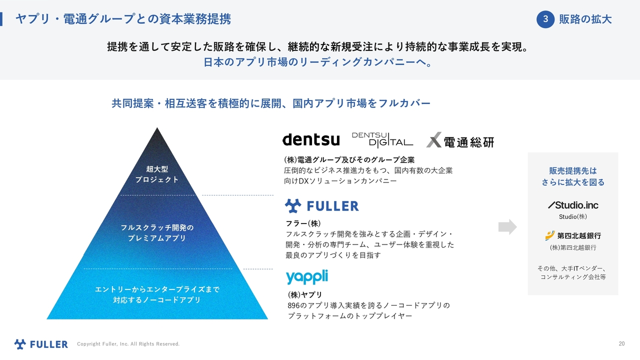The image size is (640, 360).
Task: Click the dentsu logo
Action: [x=311, y=139]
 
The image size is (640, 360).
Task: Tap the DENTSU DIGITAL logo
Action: [x=382, y=140]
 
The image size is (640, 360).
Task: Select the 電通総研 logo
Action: [x=460, y=140]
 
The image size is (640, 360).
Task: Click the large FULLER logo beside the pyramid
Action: [x=321, y=206]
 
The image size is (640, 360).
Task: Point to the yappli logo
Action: [x=307, y=276]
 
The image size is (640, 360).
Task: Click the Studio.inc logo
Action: [x=573, y=205]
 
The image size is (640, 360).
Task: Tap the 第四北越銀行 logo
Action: [x=573, y=235]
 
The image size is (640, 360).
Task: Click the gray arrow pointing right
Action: [x=507, y=227]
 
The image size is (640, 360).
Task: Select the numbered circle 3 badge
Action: [x=545, y=19]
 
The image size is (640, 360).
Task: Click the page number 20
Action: [x=621, y=343]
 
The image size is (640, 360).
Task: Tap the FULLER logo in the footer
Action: [x=41, y=344]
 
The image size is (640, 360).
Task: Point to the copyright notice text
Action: [x=128, y=344]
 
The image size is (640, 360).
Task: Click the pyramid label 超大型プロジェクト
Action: [x=157, y=174]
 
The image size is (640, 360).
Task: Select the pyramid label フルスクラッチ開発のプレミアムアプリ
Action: [x=157, y=233]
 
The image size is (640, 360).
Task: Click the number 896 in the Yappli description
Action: [x=293, y=305]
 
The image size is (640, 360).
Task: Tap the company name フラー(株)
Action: [x=303, y=223]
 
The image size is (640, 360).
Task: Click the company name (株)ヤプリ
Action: [x=305, y=294]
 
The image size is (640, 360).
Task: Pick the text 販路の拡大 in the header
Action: [x=585, y=19]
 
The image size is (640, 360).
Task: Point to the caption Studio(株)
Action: [x=573, y=217]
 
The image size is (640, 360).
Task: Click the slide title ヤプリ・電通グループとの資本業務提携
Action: [x=123, y=19]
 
